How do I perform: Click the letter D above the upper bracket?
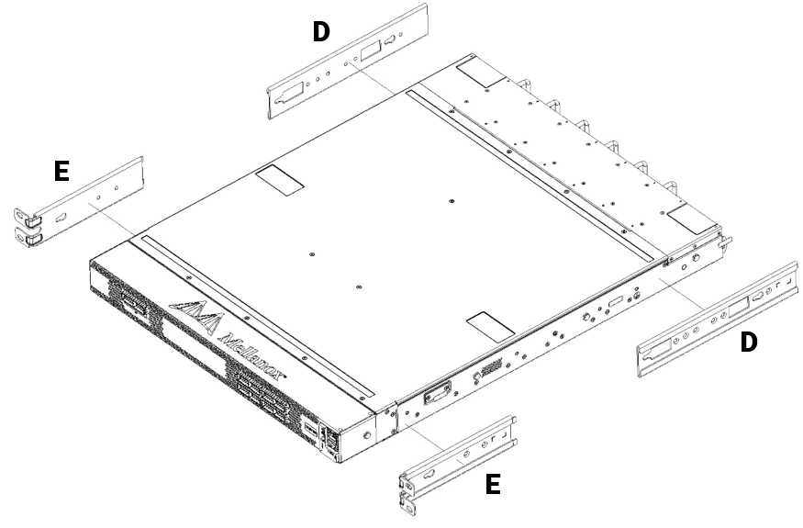point(321,31)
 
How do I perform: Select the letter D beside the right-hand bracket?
point(749,343)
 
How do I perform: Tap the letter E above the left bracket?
point(62,171)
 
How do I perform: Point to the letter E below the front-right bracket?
point(493,484)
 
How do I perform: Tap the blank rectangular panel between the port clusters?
point(193,354)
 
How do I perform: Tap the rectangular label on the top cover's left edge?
point(278,180)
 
